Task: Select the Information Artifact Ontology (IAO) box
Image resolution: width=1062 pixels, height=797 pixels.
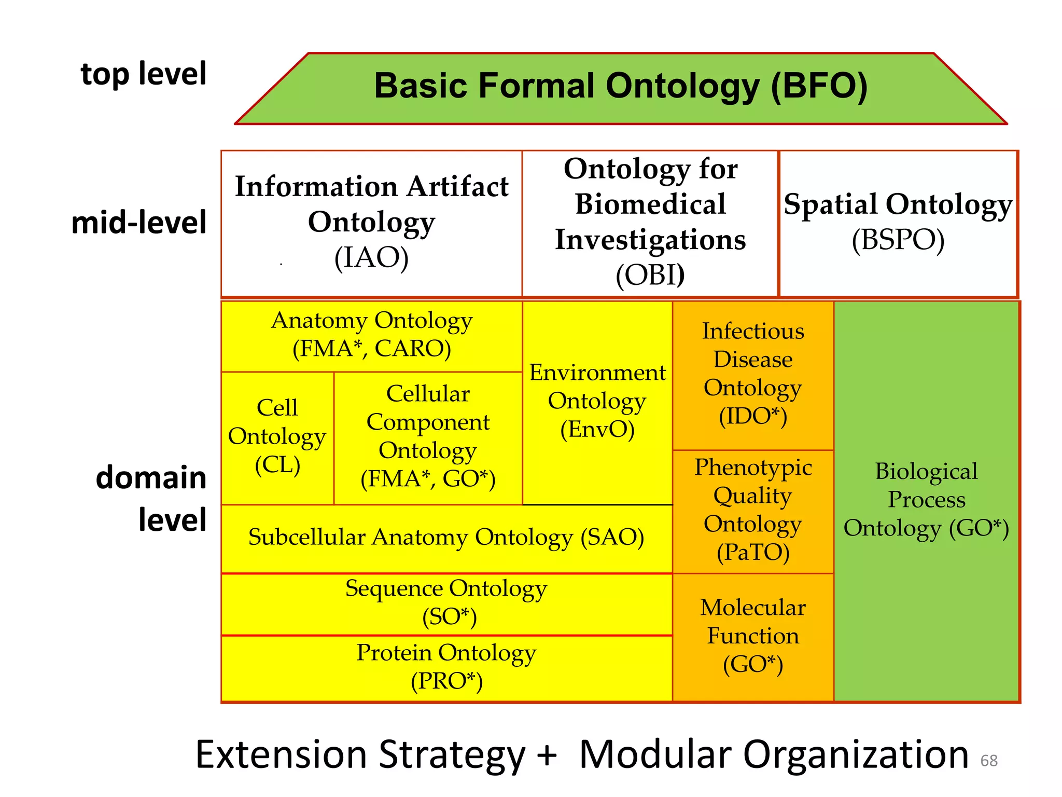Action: point(371,223)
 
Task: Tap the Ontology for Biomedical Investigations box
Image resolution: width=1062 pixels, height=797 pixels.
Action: point(650,223)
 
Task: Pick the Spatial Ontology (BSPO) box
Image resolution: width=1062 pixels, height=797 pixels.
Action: point(898,223)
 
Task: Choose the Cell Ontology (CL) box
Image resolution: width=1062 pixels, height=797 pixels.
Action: point(277,437)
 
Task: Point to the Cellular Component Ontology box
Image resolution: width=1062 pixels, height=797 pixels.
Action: point(428,437)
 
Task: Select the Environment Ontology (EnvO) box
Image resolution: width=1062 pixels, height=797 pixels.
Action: point(597,402)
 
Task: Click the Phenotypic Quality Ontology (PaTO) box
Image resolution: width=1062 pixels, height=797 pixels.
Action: point(753,511)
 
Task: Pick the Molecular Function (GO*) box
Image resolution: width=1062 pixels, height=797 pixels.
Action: point(753,636)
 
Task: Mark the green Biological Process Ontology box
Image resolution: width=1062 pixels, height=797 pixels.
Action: point(926,500)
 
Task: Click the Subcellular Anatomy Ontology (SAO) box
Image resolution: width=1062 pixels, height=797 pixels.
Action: point(446,538)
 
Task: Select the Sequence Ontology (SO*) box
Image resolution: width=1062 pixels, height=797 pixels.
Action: point(446,603)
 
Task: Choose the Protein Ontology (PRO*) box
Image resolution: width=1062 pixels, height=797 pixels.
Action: point(446,667)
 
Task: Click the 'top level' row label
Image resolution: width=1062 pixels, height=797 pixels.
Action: point(144,74)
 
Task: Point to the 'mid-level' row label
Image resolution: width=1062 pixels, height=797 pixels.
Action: point(139,223)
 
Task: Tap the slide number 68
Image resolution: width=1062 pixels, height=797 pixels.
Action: point(989,761)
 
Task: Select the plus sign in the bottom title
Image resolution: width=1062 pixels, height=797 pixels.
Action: point(547,755)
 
